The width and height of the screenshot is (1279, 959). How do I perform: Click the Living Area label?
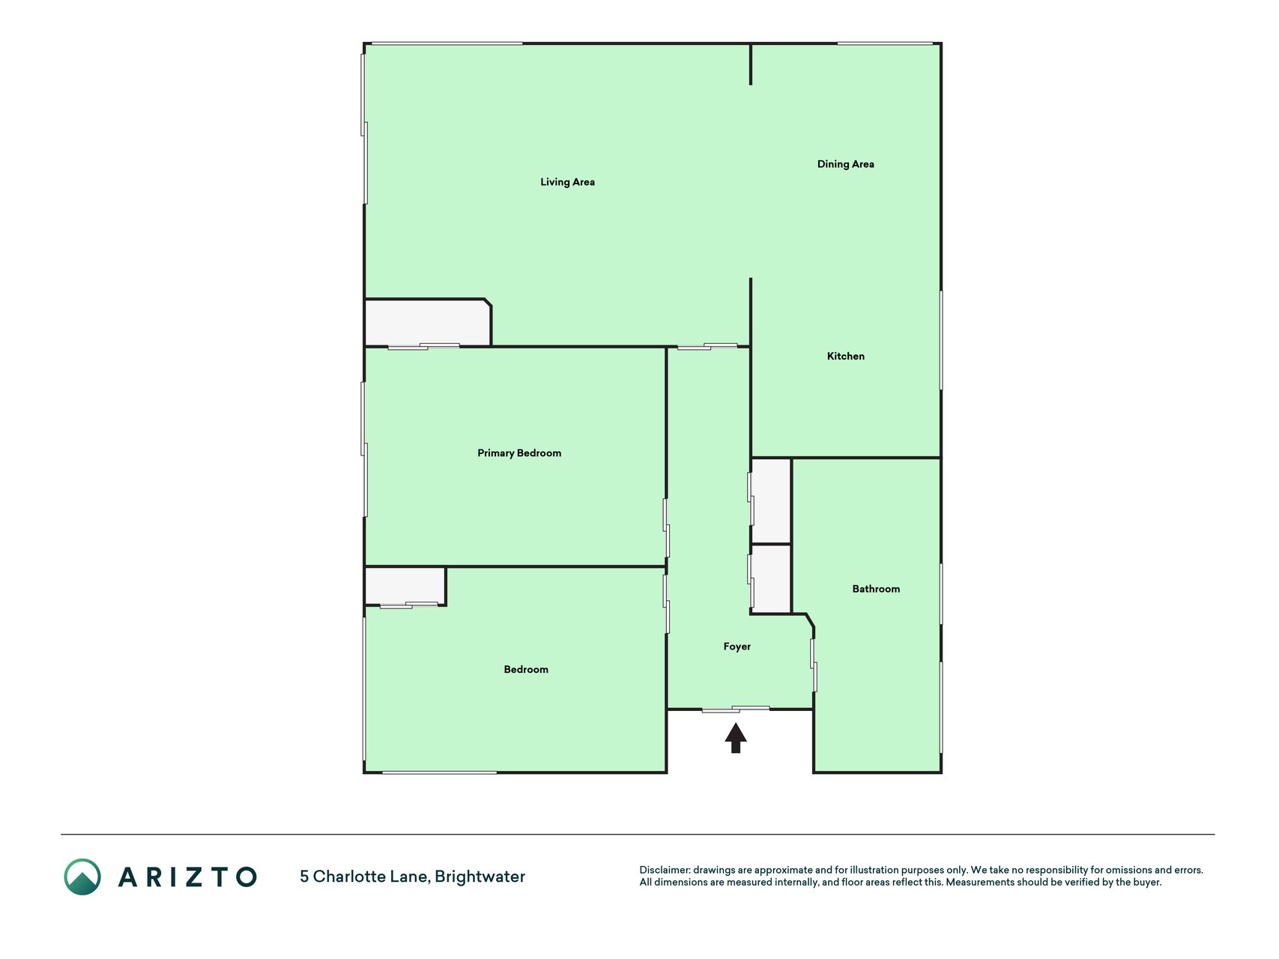(x=567, y=182)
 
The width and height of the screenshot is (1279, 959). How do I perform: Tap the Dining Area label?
(x=845, y=164)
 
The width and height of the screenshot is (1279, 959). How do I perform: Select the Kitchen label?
(x=845, y=356)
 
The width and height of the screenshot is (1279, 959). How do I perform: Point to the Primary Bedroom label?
(x=519, y=453)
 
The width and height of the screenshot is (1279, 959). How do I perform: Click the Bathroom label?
(x=876, y=589)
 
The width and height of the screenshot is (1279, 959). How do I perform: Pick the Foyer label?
(x=737, y=647)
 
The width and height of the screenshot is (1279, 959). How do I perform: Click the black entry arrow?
(x=736, y=738)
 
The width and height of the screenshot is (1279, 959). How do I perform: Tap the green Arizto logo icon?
(x=82, y=877)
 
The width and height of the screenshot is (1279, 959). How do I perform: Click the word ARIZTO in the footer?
(x=187, y=877)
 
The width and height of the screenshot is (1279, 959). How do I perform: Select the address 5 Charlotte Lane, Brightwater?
(x=412, y=877)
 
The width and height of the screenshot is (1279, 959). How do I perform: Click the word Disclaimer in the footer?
(x=664, y=870)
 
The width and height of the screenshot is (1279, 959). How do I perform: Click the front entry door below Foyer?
(x=736, y=709)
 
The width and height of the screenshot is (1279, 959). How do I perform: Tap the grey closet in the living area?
(x=427, y=323)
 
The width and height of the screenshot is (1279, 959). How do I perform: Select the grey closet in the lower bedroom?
(x=405, y=586)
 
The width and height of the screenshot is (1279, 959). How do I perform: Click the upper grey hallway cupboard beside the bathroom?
(x=772, y=500)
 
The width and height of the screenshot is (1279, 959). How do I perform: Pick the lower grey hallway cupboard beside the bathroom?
(x=772, y=579)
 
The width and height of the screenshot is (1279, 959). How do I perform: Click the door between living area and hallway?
(x=707, y=346)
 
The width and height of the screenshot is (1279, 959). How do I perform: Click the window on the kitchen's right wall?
(x=941, y=340)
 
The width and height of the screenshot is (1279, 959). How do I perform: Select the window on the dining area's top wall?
(x=885, y=43)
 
